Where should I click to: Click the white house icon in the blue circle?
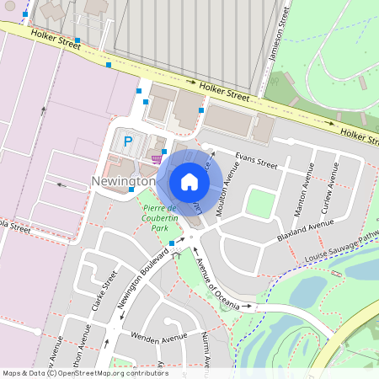pyautogui.click(x=189, y=181)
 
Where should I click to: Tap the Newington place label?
pyautogui.click(x=123, y=181)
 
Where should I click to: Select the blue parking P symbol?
pyautogui.click(x=128, y=142)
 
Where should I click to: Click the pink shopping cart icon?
pyautogui.click(x=156, y=157)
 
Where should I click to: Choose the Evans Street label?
pyautogui.click(x=256, y=159)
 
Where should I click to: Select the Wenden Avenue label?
pyautogui.click(x=158, y=338)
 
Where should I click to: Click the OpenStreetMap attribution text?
pyautogui.click(x=84, y=373)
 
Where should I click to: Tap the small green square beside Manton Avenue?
pyautogui.click(x=262, y=203)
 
